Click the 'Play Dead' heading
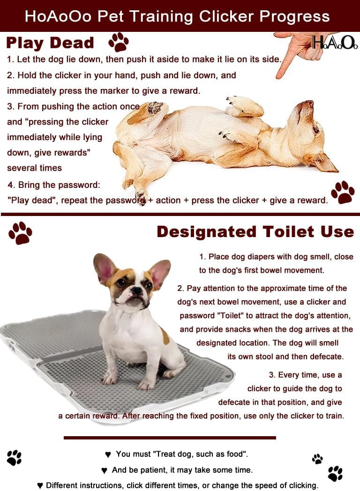(x=50, y=43)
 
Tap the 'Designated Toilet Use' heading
(x=255, y=232)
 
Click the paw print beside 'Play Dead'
(x=119, y=42)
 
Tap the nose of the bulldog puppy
(x=136, y=290)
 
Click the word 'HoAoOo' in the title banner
(x=58, y=16)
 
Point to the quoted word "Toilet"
(x=230, y=315)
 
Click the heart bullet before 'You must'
(x=108, y=454)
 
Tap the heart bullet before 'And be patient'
(x=105, y=470)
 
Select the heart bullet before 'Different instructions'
(x=40, y=486)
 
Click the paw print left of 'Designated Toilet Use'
(x=20, y=233)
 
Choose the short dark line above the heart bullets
(x=170, y=438)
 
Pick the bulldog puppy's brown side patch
(x=165, y=336)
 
